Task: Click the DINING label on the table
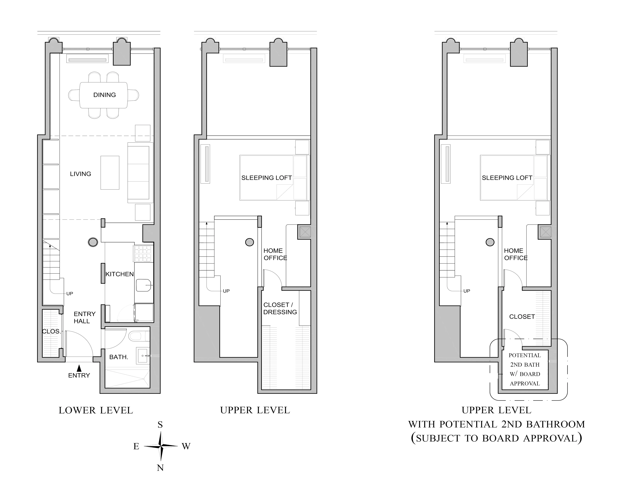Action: [104, 95]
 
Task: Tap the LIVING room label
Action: [80, 174]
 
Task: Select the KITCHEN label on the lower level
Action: [119, 274]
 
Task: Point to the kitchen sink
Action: [143, 285]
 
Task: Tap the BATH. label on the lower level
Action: [119, 357]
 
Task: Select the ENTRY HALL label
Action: [84, 317]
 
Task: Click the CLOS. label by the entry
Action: [51, 331]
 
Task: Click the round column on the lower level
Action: [93, 242]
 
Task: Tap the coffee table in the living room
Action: [110, 173]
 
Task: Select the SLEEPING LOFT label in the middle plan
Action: [266, 178]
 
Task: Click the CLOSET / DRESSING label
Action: [280, 308]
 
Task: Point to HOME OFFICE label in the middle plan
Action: [275, 254]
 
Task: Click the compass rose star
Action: [161, 446]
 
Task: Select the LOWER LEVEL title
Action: [96, 410]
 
